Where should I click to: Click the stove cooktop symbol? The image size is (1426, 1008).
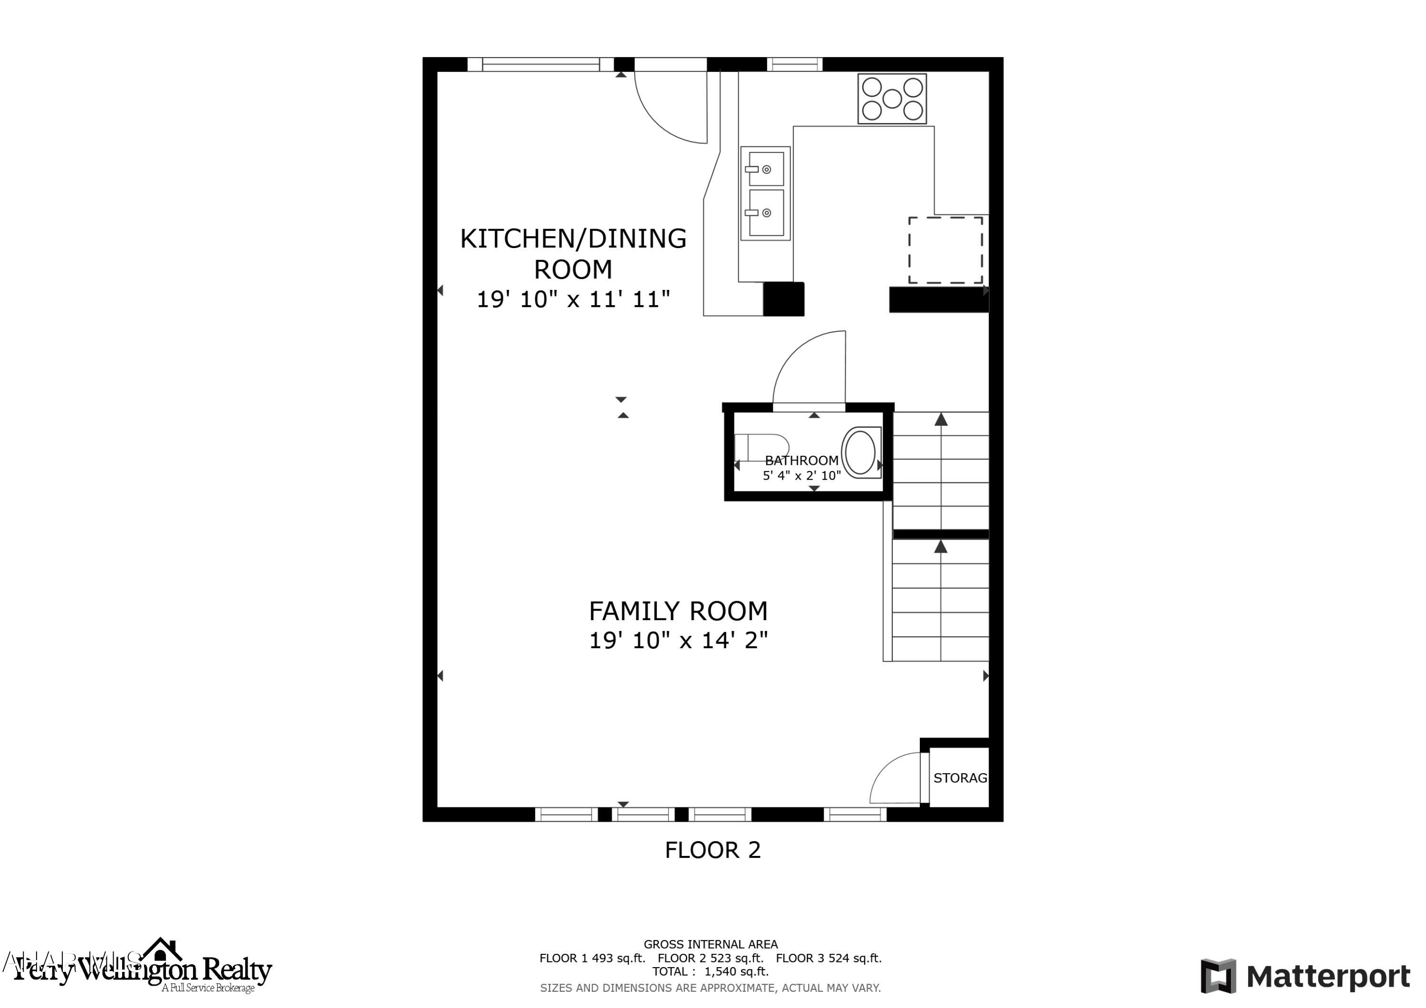(x=892, y=99)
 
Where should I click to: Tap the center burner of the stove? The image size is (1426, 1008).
(x=892, y=99)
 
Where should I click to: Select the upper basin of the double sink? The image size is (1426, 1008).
(x=766, y=168)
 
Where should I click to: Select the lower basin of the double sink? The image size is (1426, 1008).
(x=766, y=213)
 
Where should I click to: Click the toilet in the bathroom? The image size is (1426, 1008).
(x=763, y=447)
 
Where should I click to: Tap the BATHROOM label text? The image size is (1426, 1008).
(x=801, y=460)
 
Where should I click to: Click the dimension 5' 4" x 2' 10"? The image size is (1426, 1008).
(x=801, y=476)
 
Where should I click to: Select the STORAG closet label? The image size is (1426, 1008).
(x=960, y=778)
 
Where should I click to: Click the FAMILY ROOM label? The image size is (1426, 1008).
(x=678, y=611)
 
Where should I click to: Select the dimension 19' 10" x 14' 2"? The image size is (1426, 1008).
(x=678, y=640)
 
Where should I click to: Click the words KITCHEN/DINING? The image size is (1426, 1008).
(x=573, y=239)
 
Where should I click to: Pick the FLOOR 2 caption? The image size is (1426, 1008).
(x=713, y=850)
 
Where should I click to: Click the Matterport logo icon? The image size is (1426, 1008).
(x=1217, y=976)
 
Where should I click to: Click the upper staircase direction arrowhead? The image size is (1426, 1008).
(x=941, y=419)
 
